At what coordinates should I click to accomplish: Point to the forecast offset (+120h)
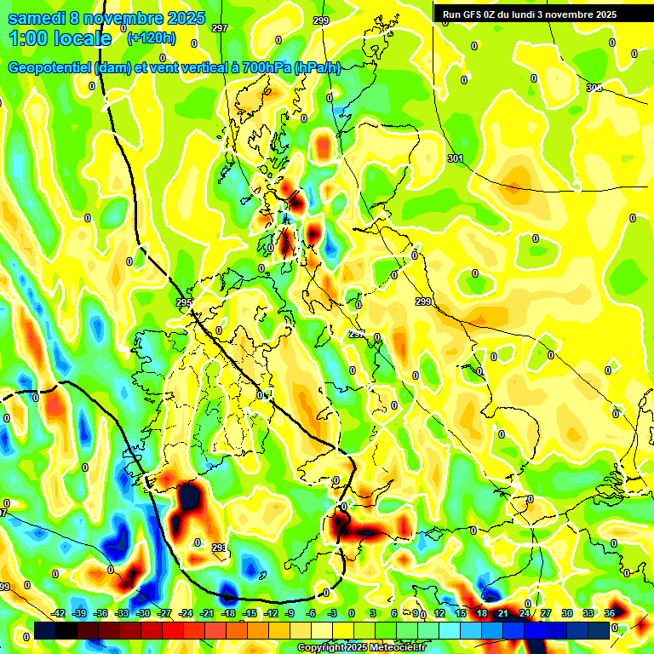pos(151,37)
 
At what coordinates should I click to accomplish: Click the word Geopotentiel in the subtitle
pos(51,68)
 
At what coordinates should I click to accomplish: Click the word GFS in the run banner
pos(474,14)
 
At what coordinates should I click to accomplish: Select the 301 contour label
pos(455,159)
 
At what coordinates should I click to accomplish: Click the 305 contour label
pos(594,88)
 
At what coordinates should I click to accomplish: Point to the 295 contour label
pos(184,303)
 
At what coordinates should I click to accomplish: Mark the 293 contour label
pos(219,548)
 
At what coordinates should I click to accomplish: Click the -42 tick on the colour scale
pos(59,613)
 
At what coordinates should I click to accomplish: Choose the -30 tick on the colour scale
pos(143,613)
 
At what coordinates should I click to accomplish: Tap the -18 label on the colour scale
pos(228,613)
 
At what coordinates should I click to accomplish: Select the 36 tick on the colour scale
pos(610,613)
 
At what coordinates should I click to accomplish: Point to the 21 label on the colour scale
pos(503,613)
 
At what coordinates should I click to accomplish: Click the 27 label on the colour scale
pos(546,613)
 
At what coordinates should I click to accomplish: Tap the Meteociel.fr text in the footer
pos(393,647)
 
